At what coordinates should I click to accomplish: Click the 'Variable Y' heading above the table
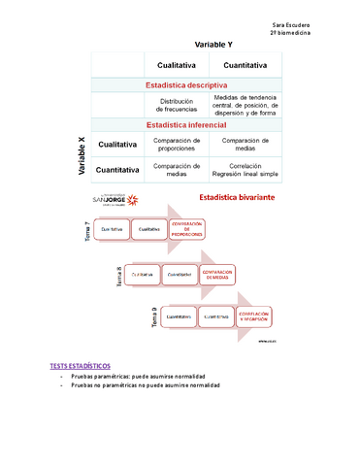pyautogui.click(x=213, y=45)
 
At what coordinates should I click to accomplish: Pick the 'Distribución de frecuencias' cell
pyautogui.click(x=178, y=106)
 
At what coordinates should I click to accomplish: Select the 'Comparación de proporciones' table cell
pyautogui.click(x=178, y=144)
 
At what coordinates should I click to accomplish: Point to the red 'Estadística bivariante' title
pyautogui.click(x=236, y=197)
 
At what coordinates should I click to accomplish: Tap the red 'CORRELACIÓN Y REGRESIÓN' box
pyautogui.click(x=253, y=317)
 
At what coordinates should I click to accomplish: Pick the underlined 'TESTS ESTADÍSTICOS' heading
pyautogui.click(x=80, y=365)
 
